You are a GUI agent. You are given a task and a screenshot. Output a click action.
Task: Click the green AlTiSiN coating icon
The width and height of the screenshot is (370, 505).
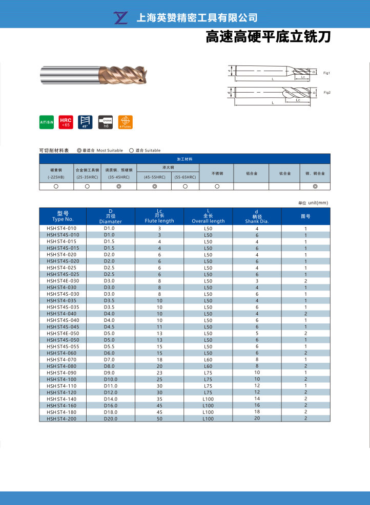[x=47, y=122]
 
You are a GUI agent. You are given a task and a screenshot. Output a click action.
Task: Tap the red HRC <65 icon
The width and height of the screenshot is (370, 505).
[x=66, y=122]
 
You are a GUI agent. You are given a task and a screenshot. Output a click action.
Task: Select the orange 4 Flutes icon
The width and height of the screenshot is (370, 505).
[x=125, y=122]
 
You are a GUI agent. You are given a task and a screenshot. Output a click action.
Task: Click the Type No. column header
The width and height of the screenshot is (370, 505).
[x=63, y=216]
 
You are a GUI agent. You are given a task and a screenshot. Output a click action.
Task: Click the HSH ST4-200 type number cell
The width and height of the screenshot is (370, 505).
[x=61, y=419]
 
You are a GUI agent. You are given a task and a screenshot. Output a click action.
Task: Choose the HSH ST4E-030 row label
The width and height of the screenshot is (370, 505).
[x=63, y=281]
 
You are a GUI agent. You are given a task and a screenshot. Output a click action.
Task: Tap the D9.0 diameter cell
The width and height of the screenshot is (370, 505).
[x=110, y=372]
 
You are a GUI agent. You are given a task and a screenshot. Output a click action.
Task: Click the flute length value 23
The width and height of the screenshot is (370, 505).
[x=159, y=372]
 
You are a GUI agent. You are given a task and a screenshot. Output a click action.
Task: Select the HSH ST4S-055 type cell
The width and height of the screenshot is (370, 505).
[x=63, y=346]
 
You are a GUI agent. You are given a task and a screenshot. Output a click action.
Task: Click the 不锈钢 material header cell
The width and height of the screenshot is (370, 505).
[x=217, y=173]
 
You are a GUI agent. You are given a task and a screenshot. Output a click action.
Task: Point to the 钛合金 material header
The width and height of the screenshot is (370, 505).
[x=285, y=173]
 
